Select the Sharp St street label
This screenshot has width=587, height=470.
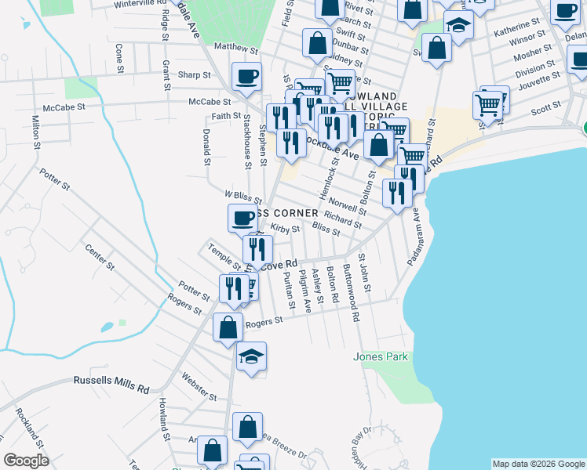(195, 75)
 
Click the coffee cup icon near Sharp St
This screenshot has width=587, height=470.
(246, 77)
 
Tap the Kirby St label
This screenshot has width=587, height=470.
(286, 229)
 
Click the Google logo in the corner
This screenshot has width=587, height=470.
(26, 461)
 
